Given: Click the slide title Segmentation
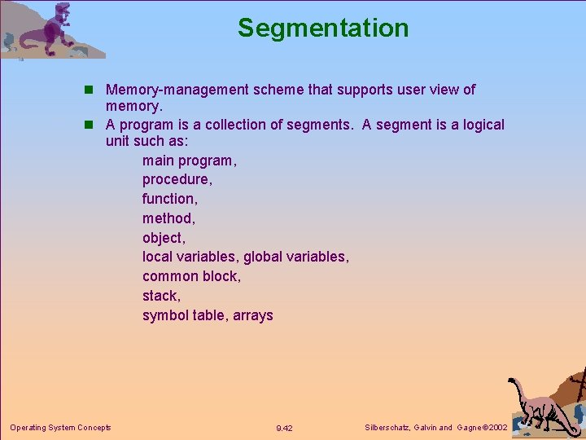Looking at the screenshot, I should [x=323, y=28].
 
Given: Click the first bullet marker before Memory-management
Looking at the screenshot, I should [x=92, y=90].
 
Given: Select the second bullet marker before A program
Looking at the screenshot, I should [x=92, y=125].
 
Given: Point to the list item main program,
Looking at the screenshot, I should [x=190, y=161].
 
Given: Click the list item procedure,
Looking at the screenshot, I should [x=177, y=179].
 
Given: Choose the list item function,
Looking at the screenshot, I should [x=169, y=199].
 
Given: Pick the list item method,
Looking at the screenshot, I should [x=168, y=218].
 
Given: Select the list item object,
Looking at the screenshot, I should [x=164, y=238].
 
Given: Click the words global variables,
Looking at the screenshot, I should [x=296, y=257].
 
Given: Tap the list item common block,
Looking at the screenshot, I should [x=191, y=276].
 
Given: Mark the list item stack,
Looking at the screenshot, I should [x=161, y=296].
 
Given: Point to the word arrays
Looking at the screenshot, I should [x=253, y=315].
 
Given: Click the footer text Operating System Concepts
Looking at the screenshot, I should [x=60, y=427].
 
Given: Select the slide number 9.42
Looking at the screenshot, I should [x=284, y=428].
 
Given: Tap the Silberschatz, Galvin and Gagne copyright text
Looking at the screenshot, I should [x=437, y=428].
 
